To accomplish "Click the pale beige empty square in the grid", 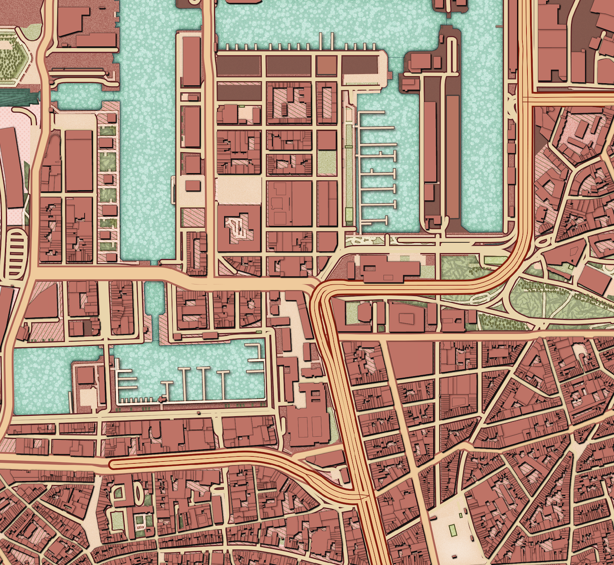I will point(238,190).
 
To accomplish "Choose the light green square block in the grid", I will point(327,163).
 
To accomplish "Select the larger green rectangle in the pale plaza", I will point(453,529).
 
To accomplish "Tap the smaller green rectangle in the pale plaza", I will point(471,539).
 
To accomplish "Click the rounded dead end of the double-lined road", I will point(112,464).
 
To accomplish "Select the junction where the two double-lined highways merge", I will point(363,497).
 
